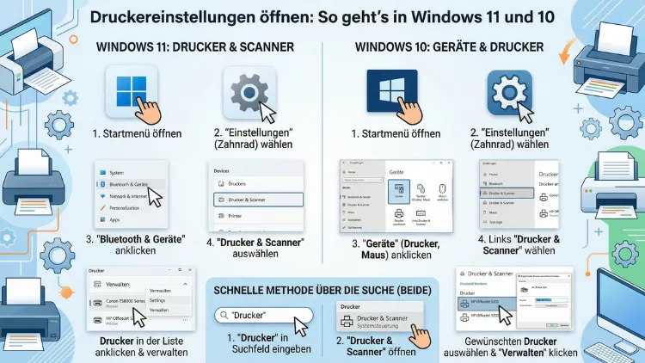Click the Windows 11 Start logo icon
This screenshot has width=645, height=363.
click(130, 91)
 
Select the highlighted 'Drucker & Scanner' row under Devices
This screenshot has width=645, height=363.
click(257, 200)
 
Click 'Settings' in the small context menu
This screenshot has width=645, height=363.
click(158, 300)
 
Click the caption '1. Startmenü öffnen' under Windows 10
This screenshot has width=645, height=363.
click(396, 134)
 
